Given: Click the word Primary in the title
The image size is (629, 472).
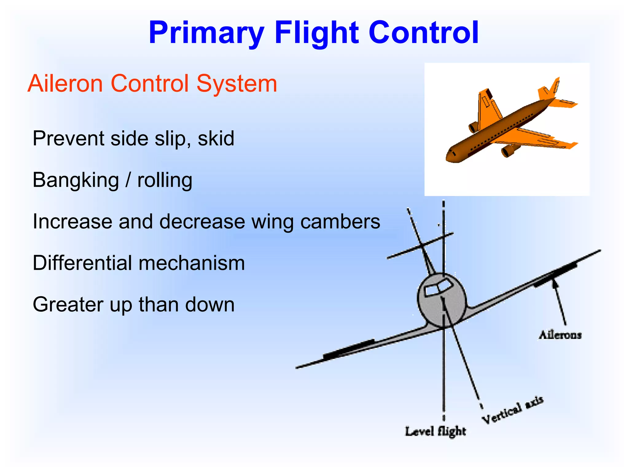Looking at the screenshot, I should point(206,33).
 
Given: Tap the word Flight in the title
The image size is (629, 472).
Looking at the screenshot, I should point(316,33).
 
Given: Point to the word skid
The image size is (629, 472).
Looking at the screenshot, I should point(216,139).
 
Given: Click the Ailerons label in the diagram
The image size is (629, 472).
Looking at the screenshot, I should point(560,335).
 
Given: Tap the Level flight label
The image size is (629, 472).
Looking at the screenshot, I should point(435,431).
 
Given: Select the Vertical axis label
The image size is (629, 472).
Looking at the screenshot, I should point(512,410).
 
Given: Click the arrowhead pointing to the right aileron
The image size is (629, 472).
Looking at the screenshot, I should point(555,283).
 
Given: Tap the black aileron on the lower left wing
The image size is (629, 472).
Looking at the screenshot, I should point(349,349).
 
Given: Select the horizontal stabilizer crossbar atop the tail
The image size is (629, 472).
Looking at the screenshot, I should point(420,246).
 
